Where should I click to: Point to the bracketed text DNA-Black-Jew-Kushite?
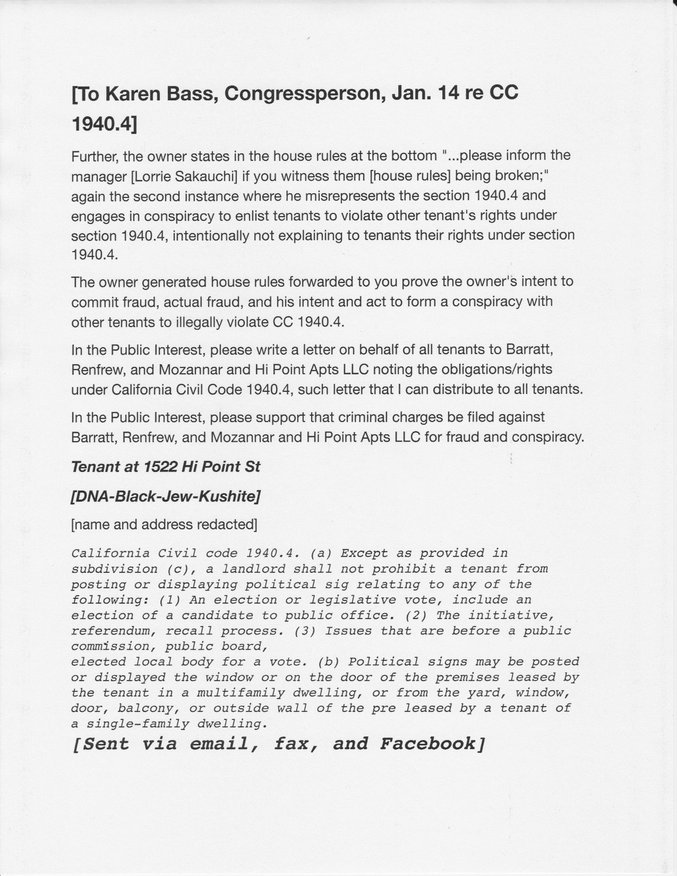pos(165,497)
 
